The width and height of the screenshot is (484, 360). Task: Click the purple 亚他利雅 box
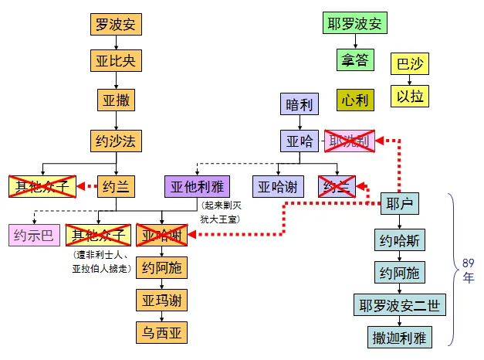pos(198,186)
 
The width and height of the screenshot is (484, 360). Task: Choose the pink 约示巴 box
pos(32,235)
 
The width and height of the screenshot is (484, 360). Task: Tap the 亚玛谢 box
pos(161,300)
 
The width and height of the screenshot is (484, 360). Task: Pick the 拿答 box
pos(354,59)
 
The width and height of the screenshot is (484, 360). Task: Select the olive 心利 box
pos(354,100)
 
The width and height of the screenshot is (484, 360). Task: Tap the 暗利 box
pos(300,104)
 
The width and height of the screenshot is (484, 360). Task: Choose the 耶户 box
pos(399,205)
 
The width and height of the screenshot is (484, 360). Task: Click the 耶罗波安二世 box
pos(399,305)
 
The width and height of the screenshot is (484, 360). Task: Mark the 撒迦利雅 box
pos(399,337)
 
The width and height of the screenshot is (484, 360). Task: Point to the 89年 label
pos(468,271)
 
